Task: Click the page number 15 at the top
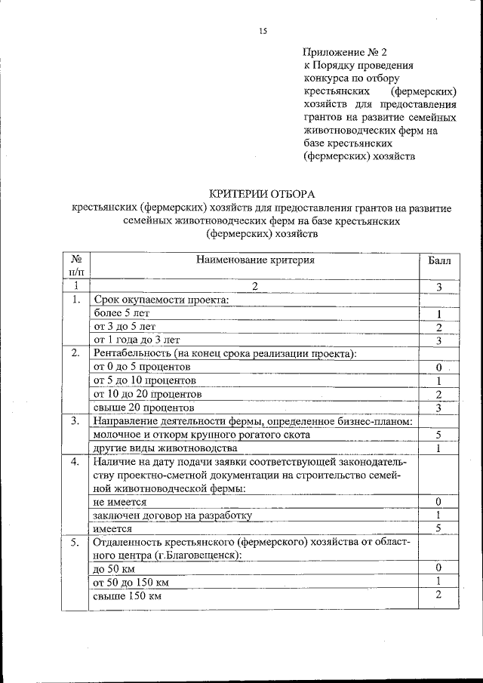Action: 263,31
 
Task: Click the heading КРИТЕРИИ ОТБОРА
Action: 260,194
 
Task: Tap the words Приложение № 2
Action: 344,53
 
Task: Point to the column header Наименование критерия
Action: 254,260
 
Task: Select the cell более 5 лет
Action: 121,313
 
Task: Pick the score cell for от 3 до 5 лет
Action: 438,327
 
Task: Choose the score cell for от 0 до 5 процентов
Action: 438,368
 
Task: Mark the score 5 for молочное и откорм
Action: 438,435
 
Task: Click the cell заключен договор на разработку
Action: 171,515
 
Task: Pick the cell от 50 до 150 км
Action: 130,583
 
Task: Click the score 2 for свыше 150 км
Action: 438,595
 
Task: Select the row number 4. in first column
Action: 75,462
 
